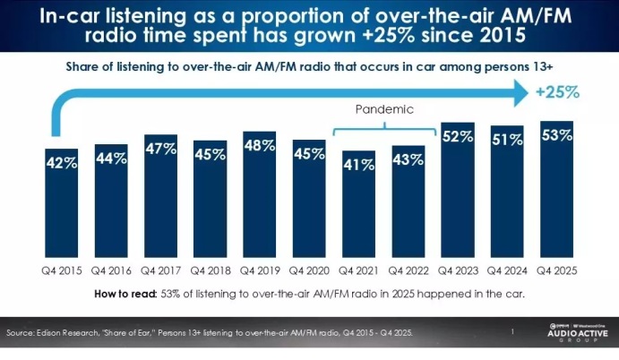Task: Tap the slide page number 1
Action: (511, 332)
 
